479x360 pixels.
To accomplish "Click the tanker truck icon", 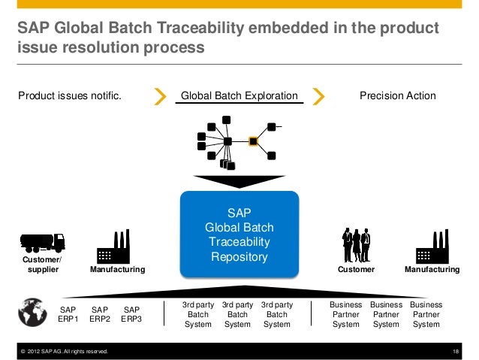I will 42,241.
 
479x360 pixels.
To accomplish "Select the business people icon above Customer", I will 355,244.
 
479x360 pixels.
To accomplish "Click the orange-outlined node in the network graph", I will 253,141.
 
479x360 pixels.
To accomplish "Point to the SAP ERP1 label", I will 68,313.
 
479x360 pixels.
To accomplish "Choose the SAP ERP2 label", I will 100,313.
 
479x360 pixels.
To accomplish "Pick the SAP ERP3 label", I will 132,313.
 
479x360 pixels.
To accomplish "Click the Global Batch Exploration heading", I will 239,96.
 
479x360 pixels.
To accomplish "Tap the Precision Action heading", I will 397,96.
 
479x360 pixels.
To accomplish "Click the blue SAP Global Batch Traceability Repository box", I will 239,232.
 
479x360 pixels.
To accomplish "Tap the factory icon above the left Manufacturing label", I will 113,245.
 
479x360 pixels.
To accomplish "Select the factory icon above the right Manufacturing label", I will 431,245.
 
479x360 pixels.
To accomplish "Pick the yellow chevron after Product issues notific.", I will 159,96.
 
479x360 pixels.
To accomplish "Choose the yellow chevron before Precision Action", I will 318,96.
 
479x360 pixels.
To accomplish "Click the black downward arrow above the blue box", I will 238,181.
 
